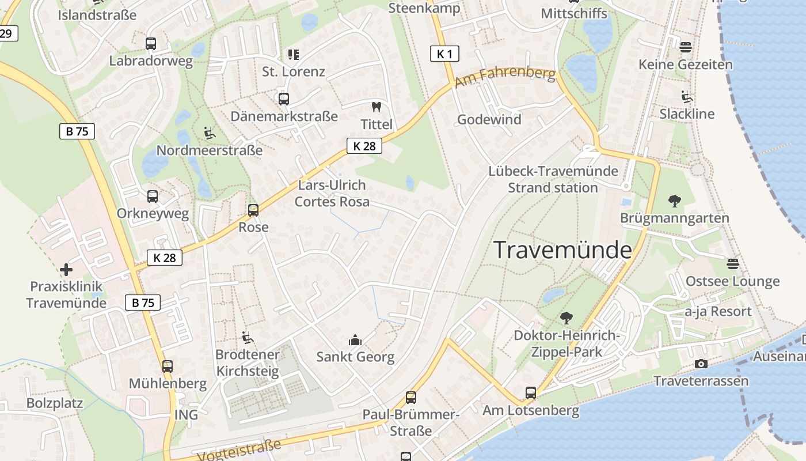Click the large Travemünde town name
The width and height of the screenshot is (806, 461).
click(x=562, y=250)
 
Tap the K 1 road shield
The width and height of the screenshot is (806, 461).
click(x=444, y=54)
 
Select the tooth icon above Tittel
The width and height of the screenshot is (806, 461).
click(x=377, y=107)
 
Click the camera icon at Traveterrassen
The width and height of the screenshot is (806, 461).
click(x=701, y=364)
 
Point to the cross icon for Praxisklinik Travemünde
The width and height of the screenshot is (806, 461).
click(x=66, y=269)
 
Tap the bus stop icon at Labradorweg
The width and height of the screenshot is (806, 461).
click(x=151, y=44)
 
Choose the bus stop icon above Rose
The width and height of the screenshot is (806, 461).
click(x=253, y=210)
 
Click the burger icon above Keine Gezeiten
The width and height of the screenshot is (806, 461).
click(x=685, y=47)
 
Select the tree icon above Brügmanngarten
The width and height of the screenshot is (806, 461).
click(x=675, y=201)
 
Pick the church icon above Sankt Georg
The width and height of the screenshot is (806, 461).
click(x=355, y=340)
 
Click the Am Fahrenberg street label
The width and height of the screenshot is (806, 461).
click(x=505, y=77)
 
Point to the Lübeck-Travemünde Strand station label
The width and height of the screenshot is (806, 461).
click(x=553, y=179)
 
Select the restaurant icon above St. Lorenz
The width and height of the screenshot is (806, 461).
click(x=294, y=55)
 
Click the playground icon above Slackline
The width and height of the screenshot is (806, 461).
click(x=687, y=97)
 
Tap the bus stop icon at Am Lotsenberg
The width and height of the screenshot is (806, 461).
click(x=531, y=393)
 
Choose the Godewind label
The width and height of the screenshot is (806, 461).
click(x=489, y=119)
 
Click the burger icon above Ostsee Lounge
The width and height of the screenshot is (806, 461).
click(x=732, y=264)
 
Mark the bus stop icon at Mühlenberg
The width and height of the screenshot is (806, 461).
click(x=168, y=366)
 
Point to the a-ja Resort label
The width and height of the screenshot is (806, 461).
click(x=718, y=312)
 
